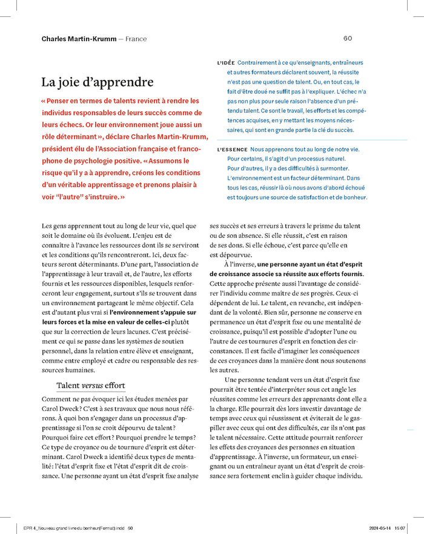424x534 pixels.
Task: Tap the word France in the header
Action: (x=136, y=39)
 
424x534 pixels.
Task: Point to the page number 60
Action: (x=348, y=38)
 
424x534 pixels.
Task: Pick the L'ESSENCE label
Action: (x=232, y=149)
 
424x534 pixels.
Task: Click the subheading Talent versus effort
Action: (x=91, y=385)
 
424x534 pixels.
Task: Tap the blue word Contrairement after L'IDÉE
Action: (x=258, y=62)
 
